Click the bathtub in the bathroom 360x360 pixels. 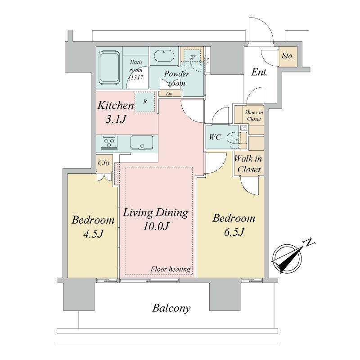[x=109, y=68]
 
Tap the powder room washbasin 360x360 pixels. [x=164, y=56]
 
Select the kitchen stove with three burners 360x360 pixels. [x=109, y=142]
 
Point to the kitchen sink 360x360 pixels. [x=142, y=143]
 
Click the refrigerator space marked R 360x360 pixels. [x=144, y=102]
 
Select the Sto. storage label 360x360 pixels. [x=288, y=56]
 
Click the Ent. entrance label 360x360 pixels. [x=260, y=72]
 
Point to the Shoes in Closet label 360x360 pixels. [x=254, y=116]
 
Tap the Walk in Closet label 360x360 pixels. [x=248, y=164]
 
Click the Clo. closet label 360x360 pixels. [x=104, y=163]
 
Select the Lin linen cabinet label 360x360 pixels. [x=169, y=94]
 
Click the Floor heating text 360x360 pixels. [x=171, y=269]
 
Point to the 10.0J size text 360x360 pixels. [x=156, y=227]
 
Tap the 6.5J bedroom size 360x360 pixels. [x=234, y=232]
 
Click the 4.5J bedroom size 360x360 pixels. [x=93, y=234]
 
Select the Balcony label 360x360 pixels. [x=171, y=308]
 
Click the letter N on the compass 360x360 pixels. [x=309, y=243]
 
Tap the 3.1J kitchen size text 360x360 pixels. [x=116, y=119]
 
